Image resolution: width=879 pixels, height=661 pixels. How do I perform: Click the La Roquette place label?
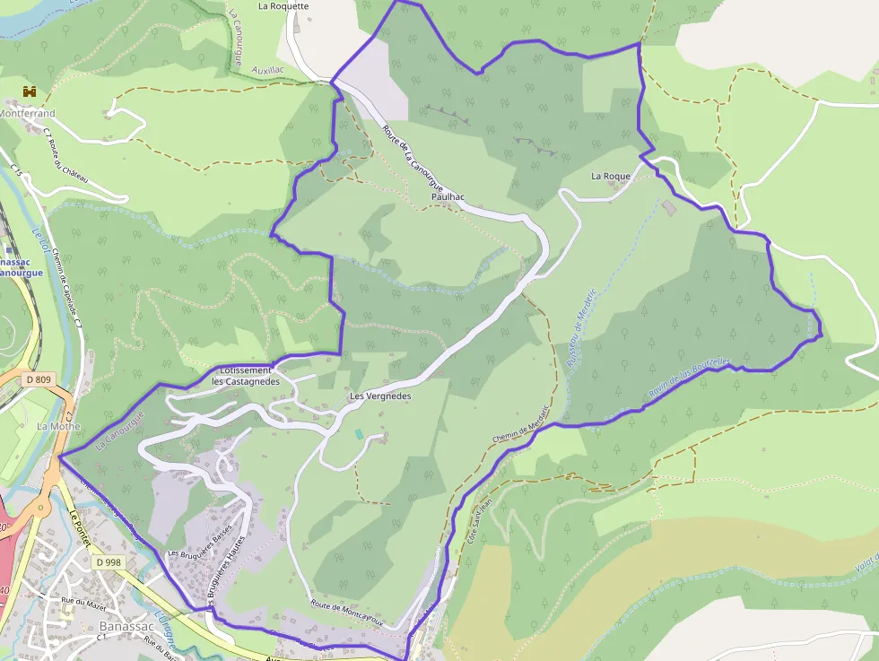(x=283, y=6)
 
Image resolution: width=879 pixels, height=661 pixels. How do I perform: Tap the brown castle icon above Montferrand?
(x=29, y=91)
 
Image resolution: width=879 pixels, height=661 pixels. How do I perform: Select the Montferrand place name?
(x=27, y=114)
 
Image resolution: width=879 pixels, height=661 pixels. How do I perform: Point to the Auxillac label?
(x=269, y=68)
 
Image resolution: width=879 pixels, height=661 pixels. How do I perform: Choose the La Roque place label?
(x=611, y=177)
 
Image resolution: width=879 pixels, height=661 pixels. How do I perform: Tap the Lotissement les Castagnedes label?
(x=245, y=376)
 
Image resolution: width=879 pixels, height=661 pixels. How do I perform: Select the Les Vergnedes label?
(x=379, y=396)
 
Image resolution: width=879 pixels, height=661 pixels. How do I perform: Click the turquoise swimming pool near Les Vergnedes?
(x=360, y=434)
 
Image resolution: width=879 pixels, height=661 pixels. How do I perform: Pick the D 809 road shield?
(x=39, y=380)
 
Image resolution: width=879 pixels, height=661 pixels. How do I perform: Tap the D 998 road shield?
(x=108, y=562)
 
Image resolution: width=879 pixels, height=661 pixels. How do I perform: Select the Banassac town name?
(x=124, y=626)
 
